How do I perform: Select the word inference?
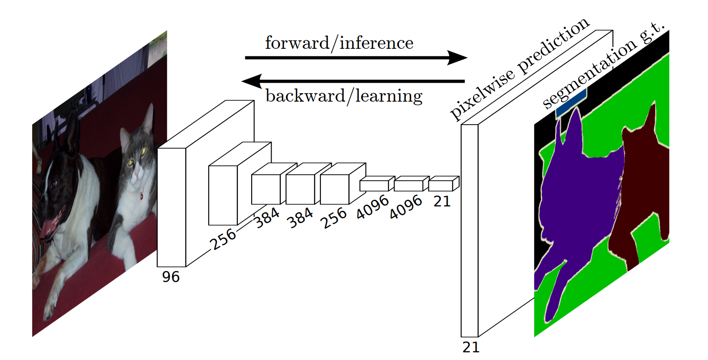[x=376, y=43]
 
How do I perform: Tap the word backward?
[x=304, y=96]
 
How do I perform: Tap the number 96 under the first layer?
[x=171, y=276]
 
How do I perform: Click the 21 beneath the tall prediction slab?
[x=470, y=347]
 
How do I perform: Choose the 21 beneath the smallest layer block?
[x=442, y=201]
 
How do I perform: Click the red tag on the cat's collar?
[x=141, y=196]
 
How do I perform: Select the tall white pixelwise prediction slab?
[x=469, y=230]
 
